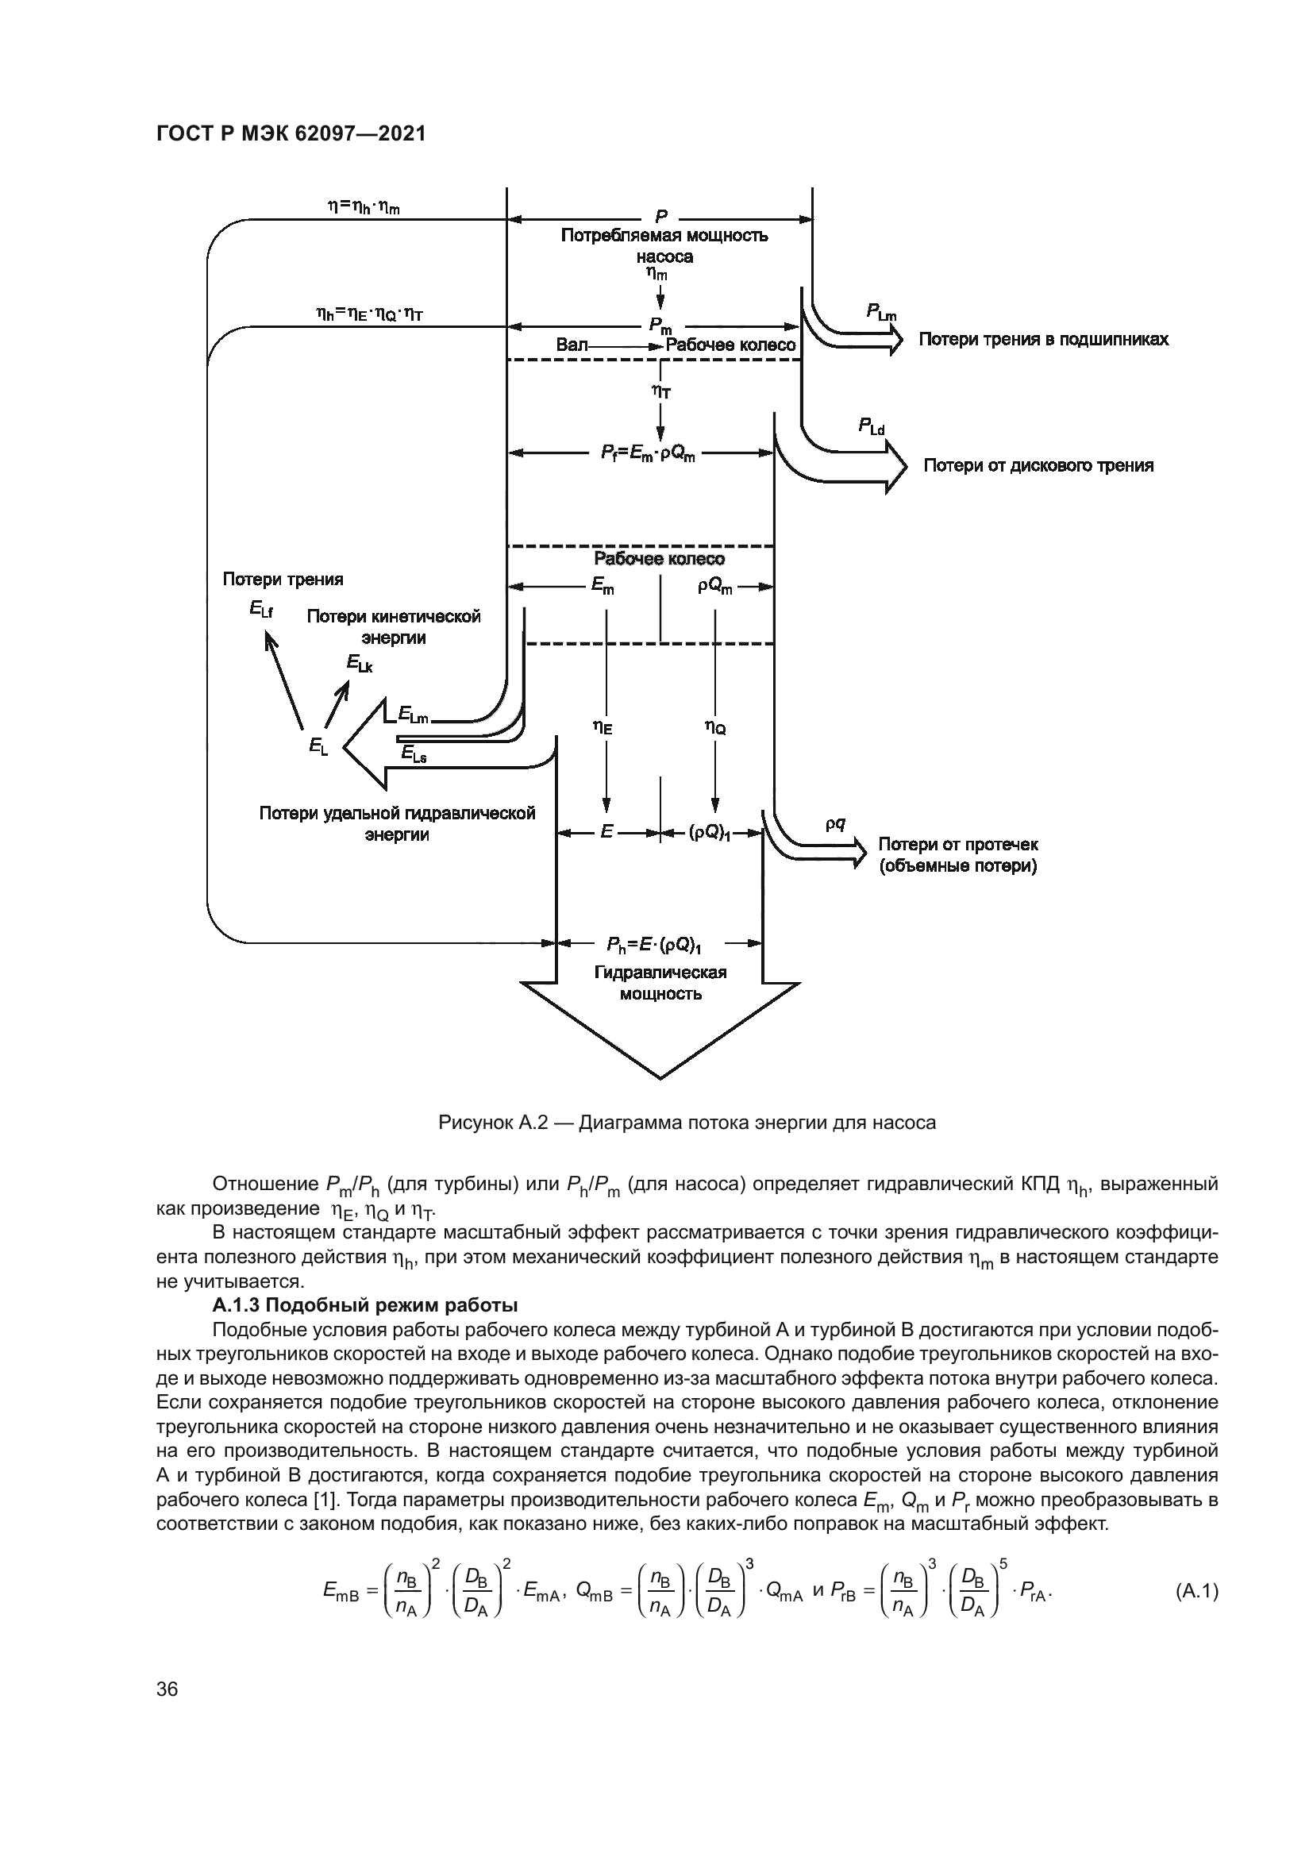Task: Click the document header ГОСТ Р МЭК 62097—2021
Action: (291, 133)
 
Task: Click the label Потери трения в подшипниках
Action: (1043, 339)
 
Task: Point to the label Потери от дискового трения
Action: (1038, 465)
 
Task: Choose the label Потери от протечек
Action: (958, 845)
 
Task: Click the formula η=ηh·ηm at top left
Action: (364, 207)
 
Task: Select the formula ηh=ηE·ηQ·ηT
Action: (368, 314)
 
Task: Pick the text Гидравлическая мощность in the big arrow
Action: (660, 983)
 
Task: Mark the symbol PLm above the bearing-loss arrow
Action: (881, 311)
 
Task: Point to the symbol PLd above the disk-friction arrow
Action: (872, 426)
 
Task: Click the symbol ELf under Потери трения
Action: (261, 609)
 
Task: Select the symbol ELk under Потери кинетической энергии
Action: (360, 663)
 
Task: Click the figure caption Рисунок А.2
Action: (687, 1123)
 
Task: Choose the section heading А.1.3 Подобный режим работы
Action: (364, 1305)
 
